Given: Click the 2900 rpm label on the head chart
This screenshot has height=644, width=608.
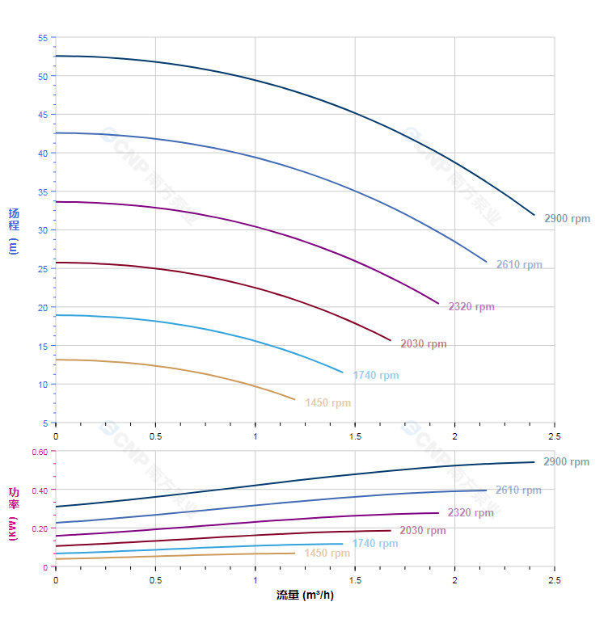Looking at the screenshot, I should [x=567, y=219].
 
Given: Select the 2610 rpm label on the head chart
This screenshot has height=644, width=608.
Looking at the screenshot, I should [x=519, y=265].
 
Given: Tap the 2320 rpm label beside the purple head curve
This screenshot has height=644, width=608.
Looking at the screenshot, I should [x=471, y=307].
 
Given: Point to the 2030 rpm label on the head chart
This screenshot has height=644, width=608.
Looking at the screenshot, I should [x=424, y=344].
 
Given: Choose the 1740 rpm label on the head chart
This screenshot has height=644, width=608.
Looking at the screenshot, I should [x=376, y=376].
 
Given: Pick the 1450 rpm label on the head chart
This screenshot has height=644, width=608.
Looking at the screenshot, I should [x=328, y=403].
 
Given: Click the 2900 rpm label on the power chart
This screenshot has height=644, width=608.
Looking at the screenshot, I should [x=566, y=462].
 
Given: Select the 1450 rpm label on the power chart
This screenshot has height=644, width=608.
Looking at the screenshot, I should [x=327, y=554].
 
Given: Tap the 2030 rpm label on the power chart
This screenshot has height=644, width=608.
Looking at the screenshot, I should [x=423, y=531].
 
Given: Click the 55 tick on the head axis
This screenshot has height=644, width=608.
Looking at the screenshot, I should [x=43, y=38].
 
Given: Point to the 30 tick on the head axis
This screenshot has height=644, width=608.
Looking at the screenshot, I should [x=43, y=230].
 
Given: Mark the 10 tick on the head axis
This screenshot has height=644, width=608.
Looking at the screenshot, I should [x=43, y=385].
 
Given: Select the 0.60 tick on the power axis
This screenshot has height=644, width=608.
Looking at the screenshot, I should [x=40, y=452].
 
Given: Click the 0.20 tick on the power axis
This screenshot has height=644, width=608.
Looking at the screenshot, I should [x=40, y=528].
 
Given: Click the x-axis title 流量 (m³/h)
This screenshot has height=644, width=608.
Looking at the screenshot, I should [x=305, y=596].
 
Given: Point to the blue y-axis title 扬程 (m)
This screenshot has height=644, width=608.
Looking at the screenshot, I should [x=13, y=230].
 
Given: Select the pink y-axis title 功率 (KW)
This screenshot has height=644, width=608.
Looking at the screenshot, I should [x=13, y=514].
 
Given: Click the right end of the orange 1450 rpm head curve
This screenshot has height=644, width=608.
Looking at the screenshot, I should [x=294, y=399].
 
